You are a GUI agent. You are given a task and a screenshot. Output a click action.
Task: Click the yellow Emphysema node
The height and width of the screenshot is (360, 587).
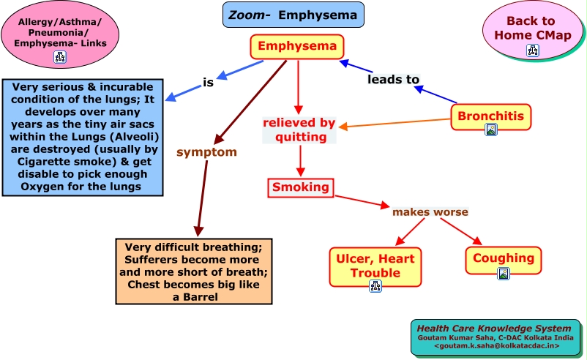296,48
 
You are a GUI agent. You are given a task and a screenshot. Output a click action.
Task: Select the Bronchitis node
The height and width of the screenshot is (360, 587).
490,116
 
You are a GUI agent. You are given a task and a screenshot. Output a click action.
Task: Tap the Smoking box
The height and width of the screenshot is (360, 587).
300,187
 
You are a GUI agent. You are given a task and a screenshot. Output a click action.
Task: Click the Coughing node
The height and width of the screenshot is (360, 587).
503,258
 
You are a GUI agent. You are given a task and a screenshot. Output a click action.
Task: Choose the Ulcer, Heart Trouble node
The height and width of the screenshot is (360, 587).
375,266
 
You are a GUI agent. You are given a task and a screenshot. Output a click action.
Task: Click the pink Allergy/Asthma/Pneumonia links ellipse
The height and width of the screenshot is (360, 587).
60,35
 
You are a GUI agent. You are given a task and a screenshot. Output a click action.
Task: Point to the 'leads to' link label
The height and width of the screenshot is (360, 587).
393,79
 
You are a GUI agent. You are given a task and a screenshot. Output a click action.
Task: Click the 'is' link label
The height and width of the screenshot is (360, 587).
208,83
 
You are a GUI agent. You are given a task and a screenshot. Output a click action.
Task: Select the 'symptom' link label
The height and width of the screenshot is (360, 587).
206,152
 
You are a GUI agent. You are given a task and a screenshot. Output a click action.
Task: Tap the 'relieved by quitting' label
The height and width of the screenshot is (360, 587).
300,130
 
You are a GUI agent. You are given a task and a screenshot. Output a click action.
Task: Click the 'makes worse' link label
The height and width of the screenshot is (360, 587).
430,212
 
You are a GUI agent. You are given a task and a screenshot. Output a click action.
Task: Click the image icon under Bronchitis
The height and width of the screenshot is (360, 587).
491,130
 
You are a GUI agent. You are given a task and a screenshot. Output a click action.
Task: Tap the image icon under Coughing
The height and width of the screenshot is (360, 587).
503,274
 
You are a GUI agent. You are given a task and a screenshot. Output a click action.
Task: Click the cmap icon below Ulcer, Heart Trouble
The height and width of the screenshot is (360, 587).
375,285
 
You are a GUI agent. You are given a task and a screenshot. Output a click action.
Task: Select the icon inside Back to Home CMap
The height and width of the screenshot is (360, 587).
532,50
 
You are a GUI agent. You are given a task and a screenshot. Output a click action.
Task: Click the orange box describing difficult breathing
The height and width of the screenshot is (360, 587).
194,271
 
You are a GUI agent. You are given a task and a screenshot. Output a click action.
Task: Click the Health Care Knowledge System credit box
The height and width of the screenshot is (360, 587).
497,337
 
